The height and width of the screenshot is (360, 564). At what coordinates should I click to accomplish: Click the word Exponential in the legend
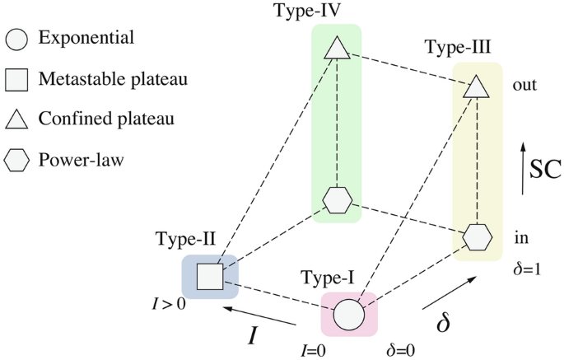[86, 38]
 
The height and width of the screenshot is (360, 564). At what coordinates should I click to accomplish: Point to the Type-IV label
[335, 12]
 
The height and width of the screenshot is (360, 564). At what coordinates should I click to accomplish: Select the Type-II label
[185, 240]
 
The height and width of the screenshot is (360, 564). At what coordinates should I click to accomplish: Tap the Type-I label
[328, 278]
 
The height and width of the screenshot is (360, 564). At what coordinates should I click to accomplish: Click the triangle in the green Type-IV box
[336, 49]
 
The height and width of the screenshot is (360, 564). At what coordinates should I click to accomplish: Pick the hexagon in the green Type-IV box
[337, 199]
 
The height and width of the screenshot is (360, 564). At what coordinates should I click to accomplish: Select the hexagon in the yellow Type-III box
[477, 236]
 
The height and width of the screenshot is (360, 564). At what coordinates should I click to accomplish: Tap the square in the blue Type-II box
[210, 276]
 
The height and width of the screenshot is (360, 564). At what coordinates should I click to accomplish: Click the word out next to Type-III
[524, 85]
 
